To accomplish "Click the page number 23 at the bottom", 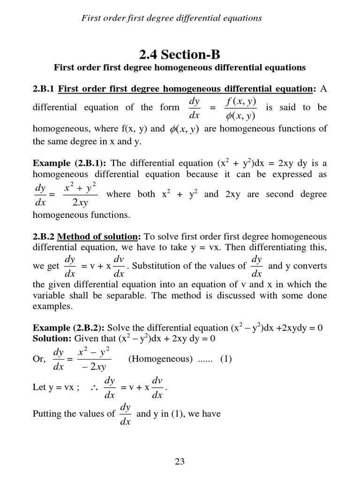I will point(180,461).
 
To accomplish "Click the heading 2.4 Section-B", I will point(180,50).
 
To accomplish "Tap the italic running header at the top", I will point(172,18).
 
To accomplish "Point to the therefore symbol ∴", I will point(92,388).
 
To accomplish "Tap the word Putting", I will point(48,414).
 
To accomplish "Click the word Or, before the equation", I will point(40,360).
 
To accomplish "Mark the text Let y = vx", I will point(51,388).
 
